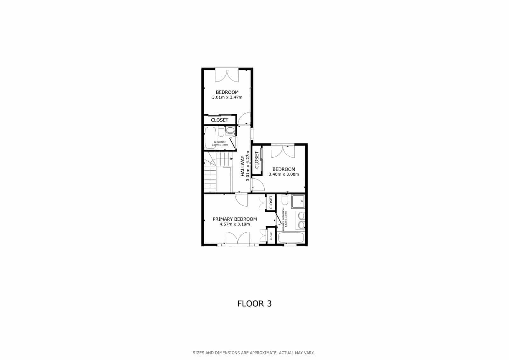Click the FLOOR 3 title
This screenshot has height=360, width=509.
pyautogui.click(x=254, y=303)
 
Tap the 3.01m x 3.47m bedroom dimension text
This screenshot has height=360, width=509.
pyautogui.click(x=227, y=97)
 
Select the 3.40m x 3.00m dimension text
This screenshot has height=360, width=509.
pyautogui.click(x=284, y=174)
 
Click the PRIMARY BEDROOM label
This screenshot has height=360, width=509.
pyautogui.click(x=234, y=219)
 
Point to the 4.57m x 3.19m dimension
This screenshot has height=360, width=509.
pyautogui.click(x=234, y=224)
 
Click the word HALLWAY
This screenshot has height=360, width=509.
pyautogui.click(x=242, y=166)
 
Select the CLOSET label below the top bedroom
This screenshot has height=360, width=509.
pyautogui.click(x=220, y=120)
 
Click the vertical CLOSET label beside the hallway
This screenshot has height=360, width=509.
pyautogui.click(x=257, y=160)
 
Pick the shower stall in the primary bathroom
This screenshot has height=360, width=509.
pyautogui.click(x=298, y=201)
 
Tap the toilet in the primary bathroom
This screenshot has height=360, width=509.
pyautogui.click(x=284, y=200)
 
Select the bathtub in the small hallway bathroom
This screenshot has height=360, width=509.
pyautogui.click(x=210, y=138)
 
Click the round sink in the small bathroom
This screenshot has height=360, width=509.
pyautogui.click(x=229, y=130)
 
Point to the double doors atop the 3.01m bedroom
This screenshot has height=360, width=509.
pyautogui.click(x=227, y=75)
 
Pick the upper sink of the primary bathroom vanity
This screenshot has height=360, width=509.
pyautogui.click(x=301, y=216)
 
